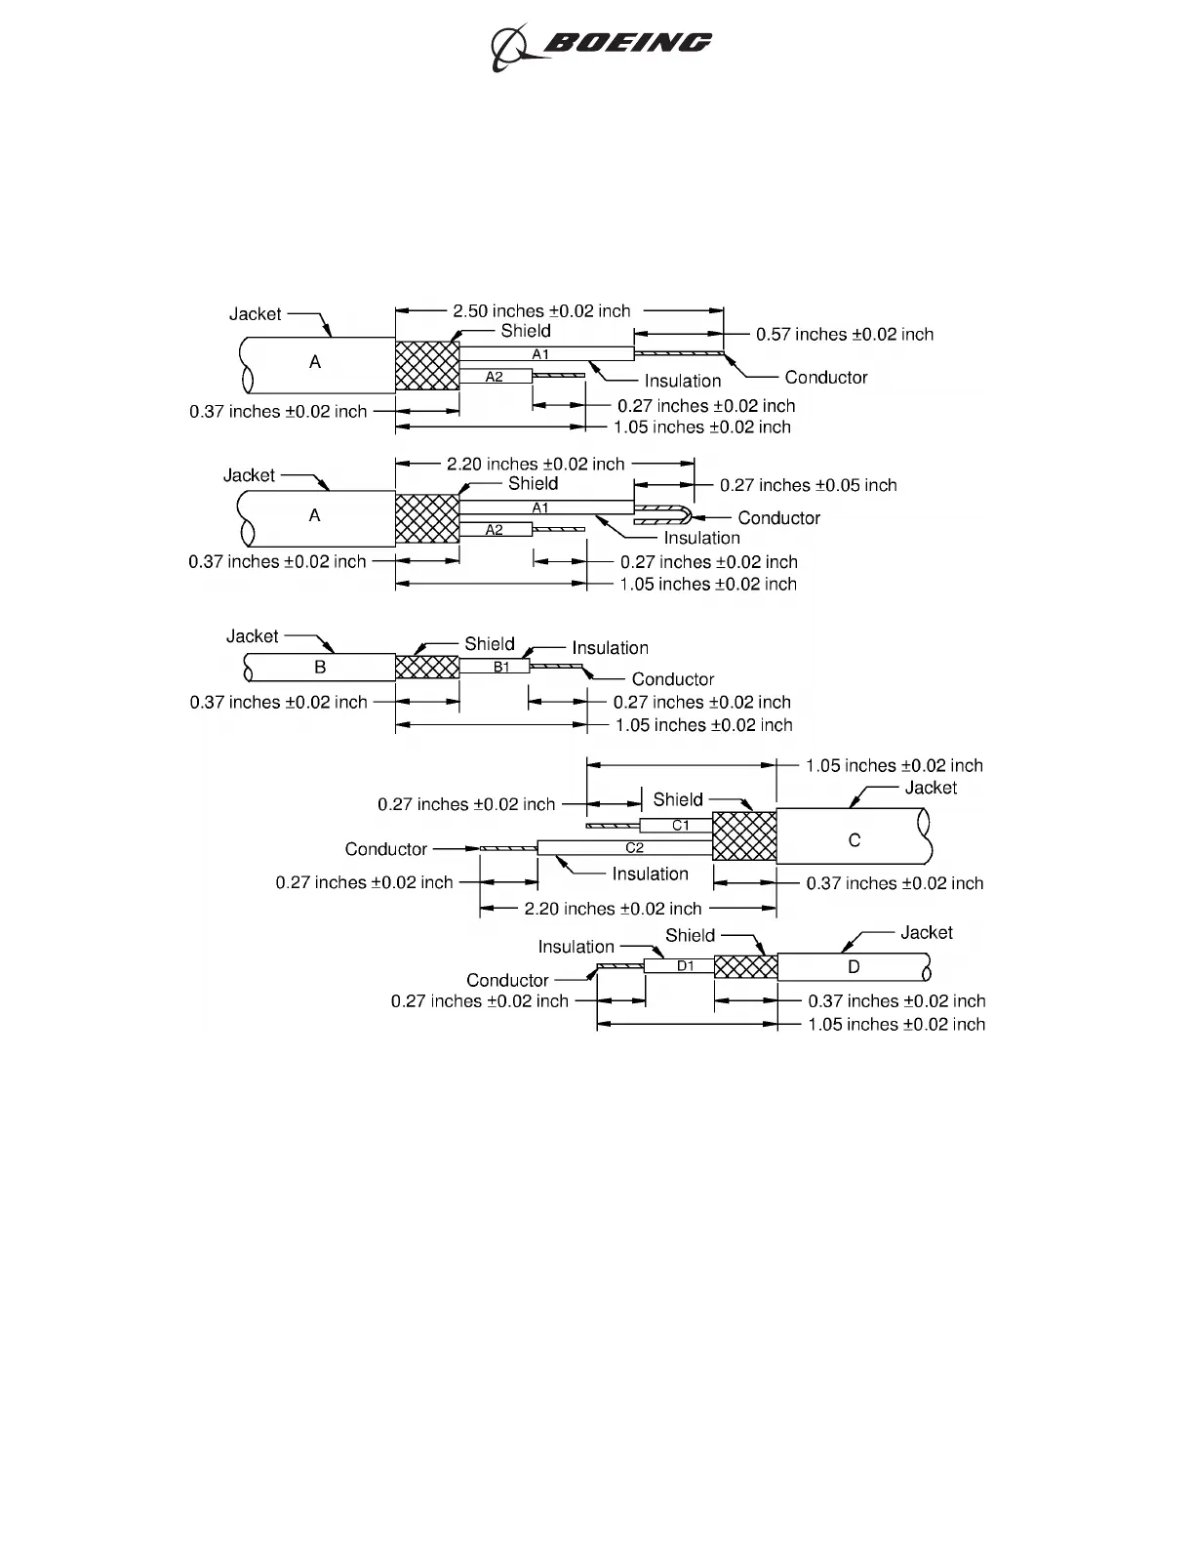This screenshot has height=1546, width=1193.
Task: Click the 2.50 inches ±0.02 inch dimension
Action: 541,310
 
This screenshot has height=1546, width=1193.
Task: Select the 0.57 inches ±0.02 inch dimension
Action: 845,334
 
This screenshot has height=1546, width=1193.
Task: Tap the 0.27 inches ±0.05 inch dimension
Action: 808,485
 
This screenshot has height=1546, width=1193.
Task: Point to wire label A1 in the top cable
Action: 540,354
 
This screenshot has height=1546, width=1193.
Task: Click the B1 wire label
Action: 501,668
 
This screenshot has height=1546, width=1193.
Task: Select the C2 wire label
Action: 634,848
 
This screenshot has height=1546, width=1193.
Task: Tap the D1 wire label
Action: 686,966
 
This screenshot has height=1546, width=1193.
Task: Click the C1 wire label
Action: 681,826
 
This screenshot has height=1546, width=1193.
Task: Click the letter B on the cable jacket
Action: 320,668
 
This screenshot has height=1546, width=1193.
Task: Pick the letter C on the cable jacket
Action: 855,839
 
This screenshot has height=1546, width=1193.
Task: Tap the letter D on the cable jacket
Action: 854,967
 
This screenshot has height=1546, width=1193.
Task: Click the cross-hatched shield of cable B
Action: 426,668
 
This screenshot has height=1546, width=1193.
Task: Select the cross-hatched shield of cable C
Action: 744,836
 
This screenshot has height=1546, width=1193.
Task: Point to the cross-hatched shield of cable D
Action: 746,967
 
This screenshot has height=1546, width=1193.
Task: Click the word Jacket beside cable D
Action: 926,932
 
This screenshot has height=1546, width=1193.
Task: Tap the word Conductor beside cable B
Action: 672,679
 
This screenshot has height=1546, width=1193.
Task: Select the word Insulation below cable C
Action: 650,874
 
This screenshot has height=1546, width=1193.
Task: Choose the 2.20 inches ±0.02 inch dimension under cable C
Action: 613,909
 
